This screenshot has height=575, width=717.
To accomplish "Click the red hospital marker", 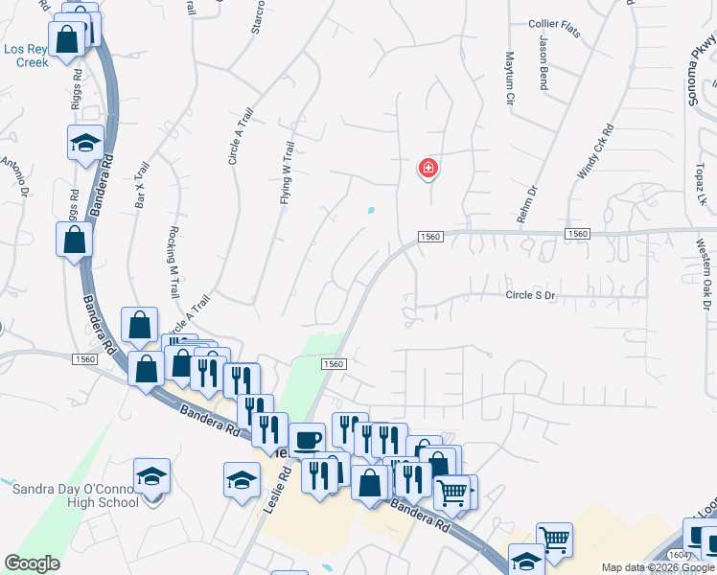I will [428, 170].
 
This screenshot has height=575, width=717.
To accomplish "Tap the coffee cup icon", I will [307, 441].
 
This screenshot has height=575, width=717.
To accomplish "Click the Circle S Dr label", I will [530, 296].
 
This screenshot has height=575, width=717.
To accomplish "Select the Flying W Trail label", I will [286, 173].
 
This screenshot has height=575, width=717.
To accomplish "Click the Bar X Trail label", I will [142, 186].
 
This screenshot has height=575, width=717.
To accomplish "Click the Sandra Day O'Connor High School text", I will [76, 495].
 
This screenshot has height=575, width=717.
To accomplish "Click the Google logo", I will [32, 563].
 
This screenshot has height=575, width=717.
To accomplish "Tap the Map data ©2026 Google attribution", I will [658, 567].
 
